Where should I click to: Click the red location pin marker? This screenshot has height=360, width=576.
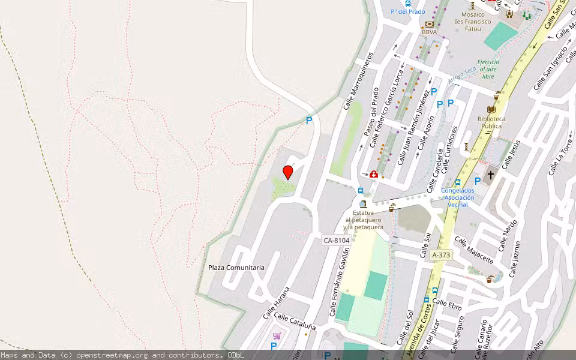coord(288,172)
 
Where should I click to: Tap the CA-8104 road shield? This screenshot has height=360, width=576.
coord(336,241)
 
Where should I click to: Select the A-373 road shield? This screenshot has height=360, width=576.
coord(441,255)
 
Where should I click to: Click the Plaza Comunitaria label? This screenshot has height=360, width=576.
coord(236,268)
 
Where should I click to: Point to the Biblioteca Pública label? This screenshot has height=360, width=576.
coord(491,122)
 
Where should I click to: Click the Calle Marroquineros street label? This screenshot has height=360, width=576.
coord(358,82)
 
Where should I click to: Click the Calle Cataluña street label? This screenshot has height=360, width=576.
coord(295,322)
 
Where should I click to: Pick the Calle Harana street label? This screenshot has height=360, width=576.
coord(276,303)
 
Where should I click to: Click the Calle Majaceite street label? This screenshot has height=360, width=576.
coord(474,250)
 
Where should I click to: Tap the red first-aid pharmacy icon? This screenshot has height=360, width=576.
coord(373,174)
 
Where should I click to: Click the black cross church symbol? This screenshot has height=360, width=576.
coord(491,175)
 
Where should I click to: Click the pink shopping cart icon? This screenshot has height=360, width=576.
coord(277,336)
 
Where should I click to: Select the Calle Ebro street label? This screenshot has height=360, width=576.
coord(447,304)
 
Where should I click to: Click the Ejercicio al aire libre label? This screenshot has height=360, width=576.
coord(488,69)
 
